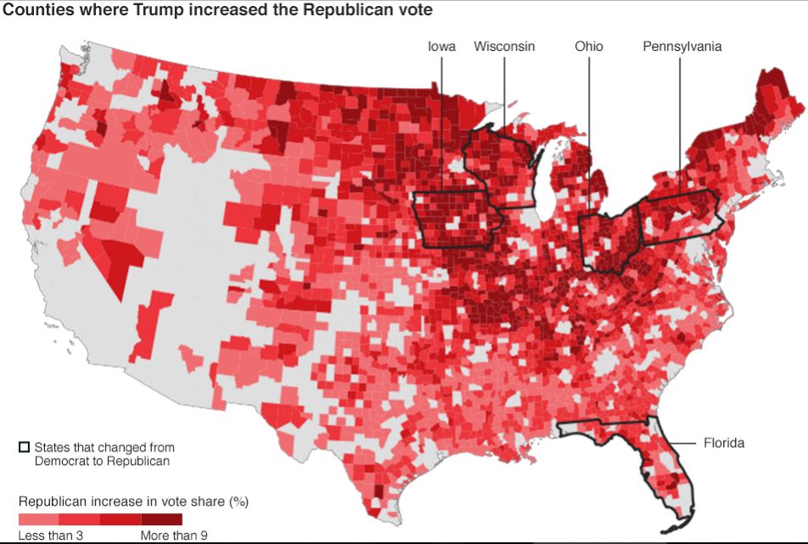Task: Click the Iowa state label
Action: pos(441,46)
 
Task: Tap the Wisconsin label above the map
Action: pos(504,46)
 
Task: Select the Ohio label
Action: pos(588,46)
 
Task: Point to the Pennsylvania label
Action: pos(682,46)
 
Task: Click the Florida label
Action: pos(723,443)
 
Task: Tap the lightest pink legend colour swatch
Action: pos(38,519)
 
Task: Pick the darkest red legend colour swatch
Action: pos(161,519)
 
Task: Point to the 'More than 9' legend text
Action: pos(173,535)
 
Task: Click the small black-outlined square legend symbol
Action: pos(24,446)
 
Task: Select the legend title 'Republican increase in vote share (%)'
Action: pos(133,501)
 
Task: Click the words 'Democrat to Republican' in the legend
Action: pos(102,461)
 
